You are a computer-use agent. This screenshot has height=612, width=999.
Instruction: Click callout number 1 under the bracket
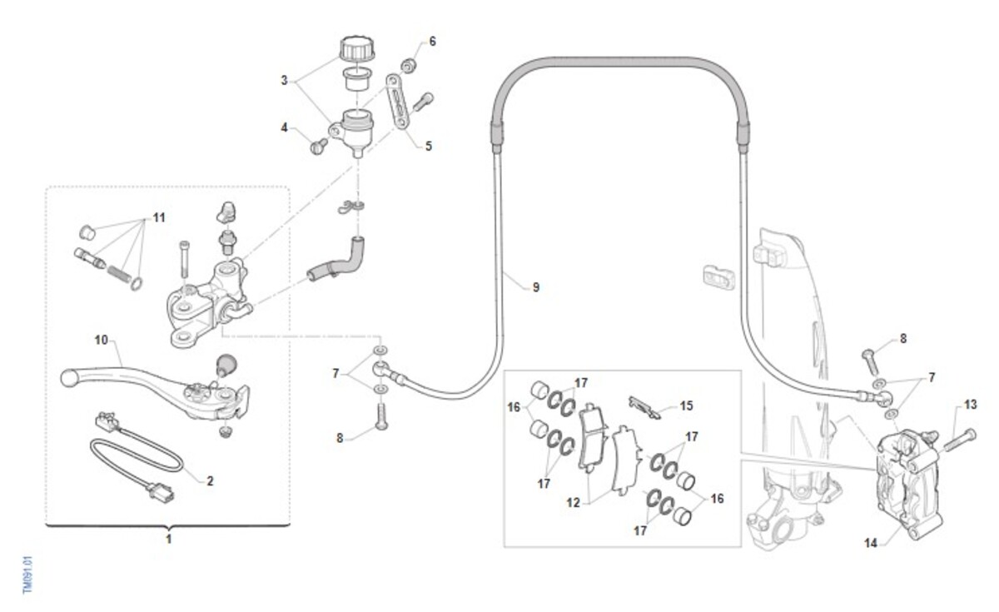(168, 540)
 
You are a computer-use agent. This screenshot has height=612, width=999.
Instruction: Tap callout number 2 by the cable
(210, 480)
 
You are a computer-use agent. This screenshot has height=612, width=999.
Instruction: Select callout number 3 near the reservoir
(284, 81)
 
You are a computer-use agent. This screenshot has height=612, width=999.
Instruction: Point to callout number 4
(284, 128)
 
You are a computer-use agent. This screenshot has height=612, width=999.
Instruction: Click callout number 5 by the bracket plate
(429, 146)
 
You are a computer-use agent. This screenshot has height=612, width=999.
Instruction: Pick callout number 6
(432, 41)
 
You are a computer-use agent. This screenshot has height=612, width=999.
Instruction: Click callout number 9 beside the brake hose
(536, 287)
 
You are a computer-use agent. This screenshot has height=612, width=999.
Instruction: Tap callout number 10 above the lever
(102, 340)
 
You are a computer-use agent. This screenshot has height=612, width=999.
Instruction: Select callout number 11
(158, 217)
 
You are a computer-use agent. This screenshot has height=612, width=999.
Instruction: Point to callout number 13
(970, 405)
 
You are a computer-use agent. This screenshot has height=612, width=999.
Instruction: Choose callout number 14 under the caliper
(871, 543)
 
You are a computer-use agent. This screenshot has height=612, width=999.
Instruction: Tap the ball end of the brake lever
(68, 377)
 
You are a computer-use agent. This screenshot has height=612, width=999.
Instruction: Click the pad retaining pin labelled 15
(646, 406)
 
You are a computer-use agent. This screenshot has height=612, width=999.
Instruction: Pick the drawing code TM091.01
(27, 575)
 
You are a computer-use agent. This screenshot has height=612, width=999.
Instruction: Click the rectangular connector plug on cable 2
(162, 492)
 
